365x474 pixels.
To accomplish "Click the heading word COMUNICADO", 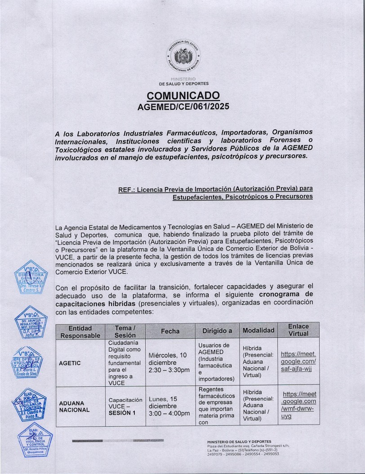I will [183, 96].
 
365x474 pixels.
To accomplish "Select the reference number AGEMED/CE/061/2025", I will [183, 107].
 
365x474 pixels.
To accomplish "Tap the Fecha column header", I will [170, 331].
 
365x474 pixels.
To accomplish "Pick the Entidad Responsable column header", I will [80, 331].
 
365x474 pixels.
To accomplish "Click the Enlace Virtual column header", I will [298, 330].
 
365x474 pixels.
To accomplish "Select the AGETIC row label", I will [70, 363].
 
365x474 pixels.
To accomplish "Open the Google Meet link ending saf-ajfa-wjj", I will [298, 361].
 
